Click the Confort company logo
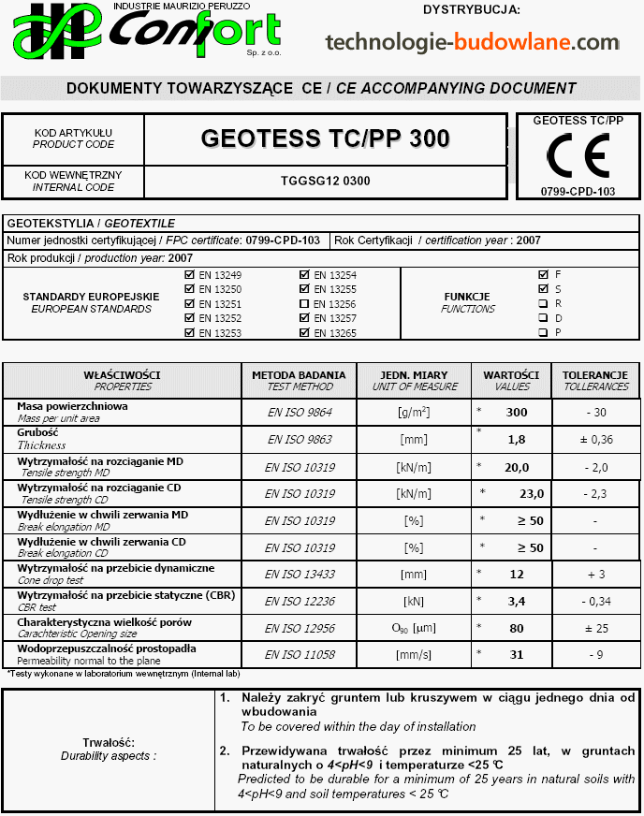tap(146, 34)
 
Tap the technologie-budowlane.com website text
tap(472, 42)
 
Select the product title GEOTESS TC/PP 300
tap(325, 138)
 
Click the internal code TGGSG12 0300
tap(325, 181)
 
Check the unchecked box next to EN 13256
tap(304, 304)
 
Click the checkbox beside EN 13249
tap(190, 275)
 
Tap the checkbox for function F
tap(543, 275)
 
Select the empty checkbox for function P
tap(543, 332)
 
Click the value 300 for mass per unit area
tap(516, 413)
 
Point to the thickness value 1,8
tap(516, 439)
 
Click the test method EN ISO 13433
tap(300, 574)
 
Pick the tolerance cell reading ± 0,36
tap(595, 439)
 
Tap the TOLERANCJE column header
tap(595, 374)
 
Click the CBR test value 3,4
tap(516, 600)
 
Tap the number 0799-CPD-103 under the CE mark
tap(578, 191)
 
